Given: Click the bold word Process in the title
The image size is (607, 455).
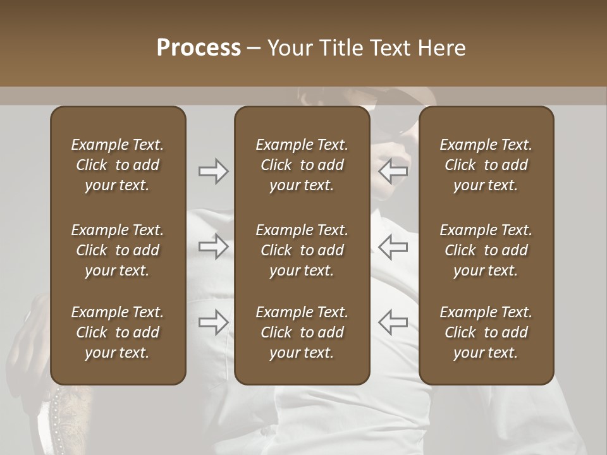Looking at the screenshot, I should (199, 48).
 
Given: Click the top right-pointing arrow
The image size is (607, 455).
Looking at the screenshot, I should (213, 171).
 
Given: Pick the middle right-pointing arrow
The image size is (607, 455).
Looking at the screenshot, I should (213, 246).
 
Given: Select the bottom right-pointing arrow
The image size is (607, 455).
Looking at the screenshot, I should (213, 322).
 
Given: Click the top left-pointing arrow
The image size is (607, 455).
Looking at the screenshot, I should (393, 171).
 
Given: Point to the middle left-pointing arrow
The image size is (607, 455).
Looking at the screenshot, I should (393, 246).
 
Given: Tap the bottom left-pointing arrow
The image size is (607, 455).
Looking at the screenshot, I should (393, 322).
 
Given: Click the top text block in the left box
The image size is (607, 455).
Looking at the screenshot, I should (118, 165).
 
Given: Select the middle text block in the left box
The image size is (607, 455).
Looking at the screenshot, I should (118, 250).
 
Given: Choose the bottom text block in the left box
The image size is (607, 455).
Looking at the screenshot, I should (118, 332).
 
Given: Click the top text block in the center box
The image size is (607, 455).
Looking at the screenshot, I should (302, 165).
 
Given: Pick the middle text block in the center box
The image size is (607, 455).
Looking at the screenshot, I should (302, 250).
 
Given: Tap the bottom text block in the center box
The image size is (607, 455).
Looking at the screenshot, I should (302, 332).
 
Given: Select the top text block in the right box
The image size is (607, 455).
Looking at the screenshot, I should (486, 165).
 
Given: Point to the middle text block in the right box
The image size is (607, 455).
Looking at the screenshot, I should (486, 250).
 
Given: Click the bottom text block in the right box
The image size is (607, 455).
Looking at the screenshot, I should (486, 332).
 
